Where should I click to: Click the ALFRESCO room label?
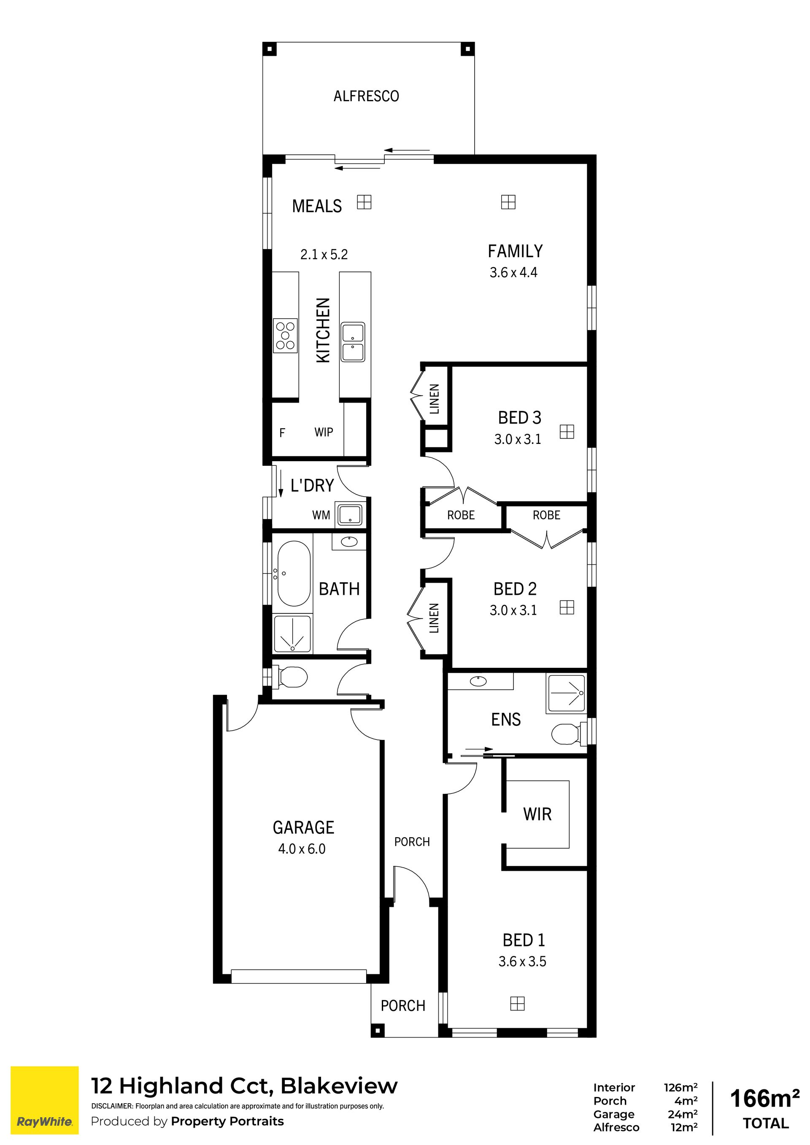(x=366, y=96)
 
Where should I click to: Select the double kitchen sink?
(x=353, y=341)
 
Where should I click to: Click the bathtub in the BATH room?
(x=294, y=573)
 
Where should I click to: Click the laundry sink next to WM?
(x=350, y=515)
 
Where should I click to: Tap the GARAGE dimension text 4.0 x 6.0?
(x=302, y=848)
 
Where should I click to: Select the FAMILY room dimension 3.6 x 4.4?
(x=513, y=272)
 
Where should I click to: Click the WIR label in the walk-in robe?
(x=537, y=814)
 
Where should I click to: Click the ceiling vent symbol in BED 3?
(x=567, y=431)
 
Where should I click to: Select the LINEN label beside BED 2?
(x=434, y=618)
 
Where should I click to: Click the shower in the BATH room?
(x=292, y=634)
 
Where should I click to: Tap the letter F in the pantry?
(x=282, y=433)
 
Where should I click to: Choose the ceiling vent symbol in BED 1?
(x=518, y=1003)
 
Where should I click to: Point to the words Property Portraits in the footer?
(x=227, y=1121)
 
